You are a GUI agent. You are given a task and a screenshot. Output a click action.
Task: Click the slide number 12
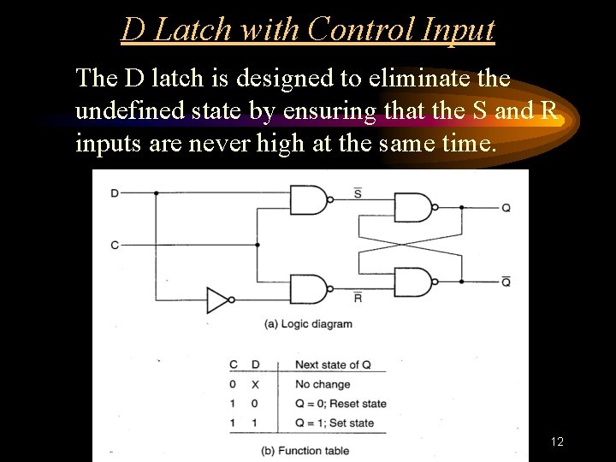tap(557, 441)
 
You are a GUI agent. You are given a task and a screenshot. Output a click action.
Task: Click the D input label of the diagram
tap(115, 193)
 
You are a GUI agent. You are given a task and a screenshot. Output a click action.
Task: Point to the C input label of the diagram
tap(115, 246)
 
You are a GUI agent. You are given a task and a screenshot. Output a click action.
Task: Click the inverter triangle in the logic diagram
tap(218, 300)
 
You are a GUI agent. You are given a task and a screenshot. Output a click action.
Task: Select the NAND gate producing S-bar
tap(309, 200)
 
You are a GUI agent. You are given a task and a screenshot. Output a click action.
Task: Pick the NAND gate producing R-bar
tap(309, 288)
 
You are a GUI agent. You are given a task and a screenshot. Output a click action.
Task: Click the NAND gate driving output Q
tap(412, 207)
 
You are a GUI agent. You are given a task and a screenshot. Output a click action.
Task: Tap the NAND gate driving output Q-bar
tap(412, 281)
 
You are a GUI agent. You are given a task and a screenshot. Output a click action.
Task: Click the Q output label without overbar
tap(506, 207)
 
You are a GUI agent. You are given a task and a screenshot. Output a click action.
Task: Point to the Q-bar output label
tap(506, 281)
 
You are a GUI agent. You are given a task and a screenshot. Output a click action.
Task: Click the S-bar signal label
tap(357, 192)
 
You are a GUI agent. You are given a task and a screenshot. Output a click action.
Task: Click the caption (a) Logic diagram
tap(308, 324)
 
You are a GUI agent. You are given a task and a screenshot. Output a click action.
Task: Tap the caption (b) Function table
tap(306, 450)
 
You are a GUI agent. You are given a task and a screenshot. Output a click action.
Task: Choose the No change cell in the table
tap(323, 384)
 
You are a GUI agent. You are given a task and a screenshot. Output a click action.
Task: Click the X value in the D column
tap(255, 384)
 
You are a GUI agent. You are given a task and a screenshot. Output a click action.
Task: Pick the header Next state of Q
tap(333, 364)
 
